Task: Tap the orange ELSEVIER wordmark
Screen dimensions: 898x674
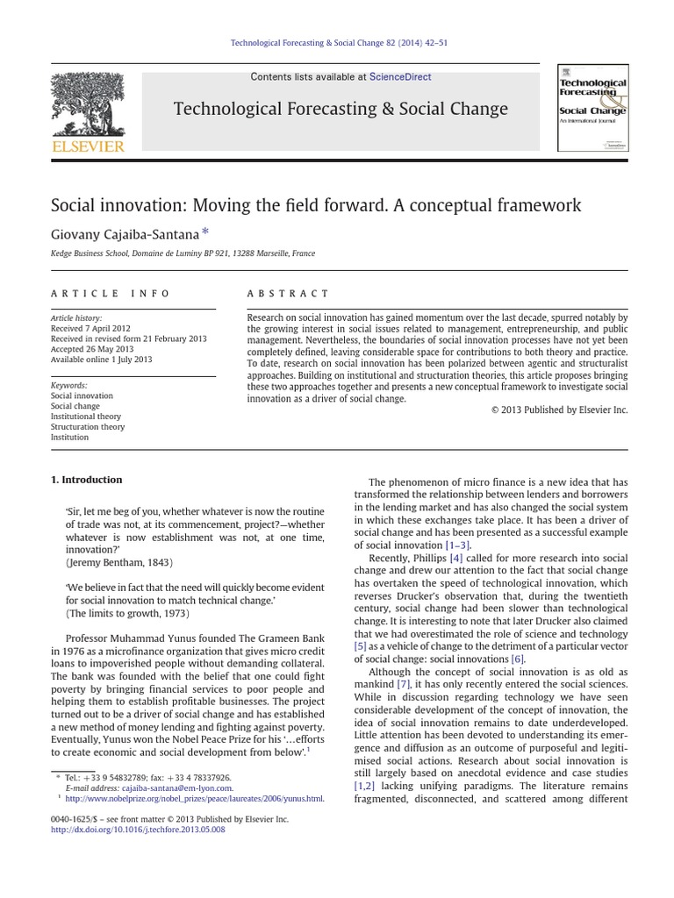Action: (88, 146)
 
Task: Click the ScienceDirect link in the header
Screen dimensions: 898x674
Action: (400, 77)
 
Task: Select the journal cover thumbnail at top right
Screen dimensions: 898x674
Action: (592, 108)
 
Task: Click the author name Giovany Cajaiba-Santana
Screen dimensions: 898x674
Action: (125, 234)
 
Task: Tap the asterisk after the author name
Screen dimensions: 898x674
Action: (206, 232)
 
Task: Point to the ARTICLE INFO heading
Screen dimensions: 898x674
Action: (111, 294)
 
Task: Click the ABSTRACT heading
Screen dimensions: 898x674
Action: (289, 294)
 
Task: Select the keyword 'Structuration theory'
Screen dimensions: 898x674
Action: (88, 427)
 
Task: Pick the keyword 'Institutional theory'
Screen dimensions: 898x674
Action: (86, 417)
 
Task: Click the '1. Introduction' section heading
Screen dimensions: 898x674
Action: (86, 480)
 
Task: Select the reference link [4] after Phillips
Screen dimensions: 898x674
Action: (455, 558)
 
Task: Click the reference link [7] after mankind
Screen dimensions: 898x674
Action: (403, 684)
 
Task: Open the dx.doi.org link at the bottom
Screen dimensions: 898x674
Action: (137, 830)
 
